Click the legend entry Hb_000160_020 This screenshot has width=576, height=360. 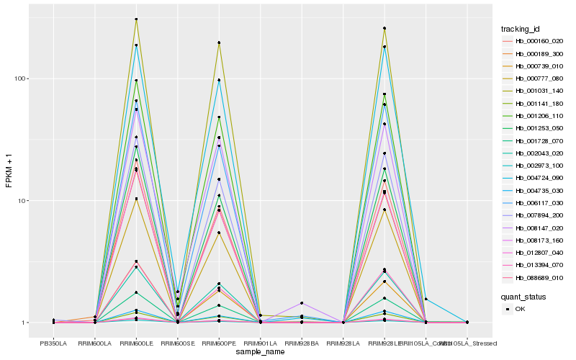(534, 41)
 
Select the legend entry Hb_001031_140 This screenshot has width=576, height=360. (534, 91)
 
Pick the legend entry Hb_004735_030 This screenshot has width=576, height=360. (534, 191)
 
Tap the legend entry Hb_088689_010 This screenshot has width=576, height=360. (534, 278)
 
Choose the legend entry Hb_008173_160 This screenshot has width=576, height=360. (534, 240)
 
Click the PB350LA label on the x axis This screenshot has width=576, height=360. (53, 343)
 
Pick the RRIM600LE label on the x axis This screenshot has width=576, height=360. (136, 343)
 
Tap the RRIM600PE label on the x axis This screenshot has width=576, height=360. (219, 343)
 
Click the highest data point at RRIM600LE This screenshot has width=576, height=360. (136, 19)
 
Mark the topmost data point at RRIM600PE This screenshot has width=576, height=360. (219, 42)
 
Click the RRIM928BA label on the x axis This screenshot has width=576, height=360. (302, 343)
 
